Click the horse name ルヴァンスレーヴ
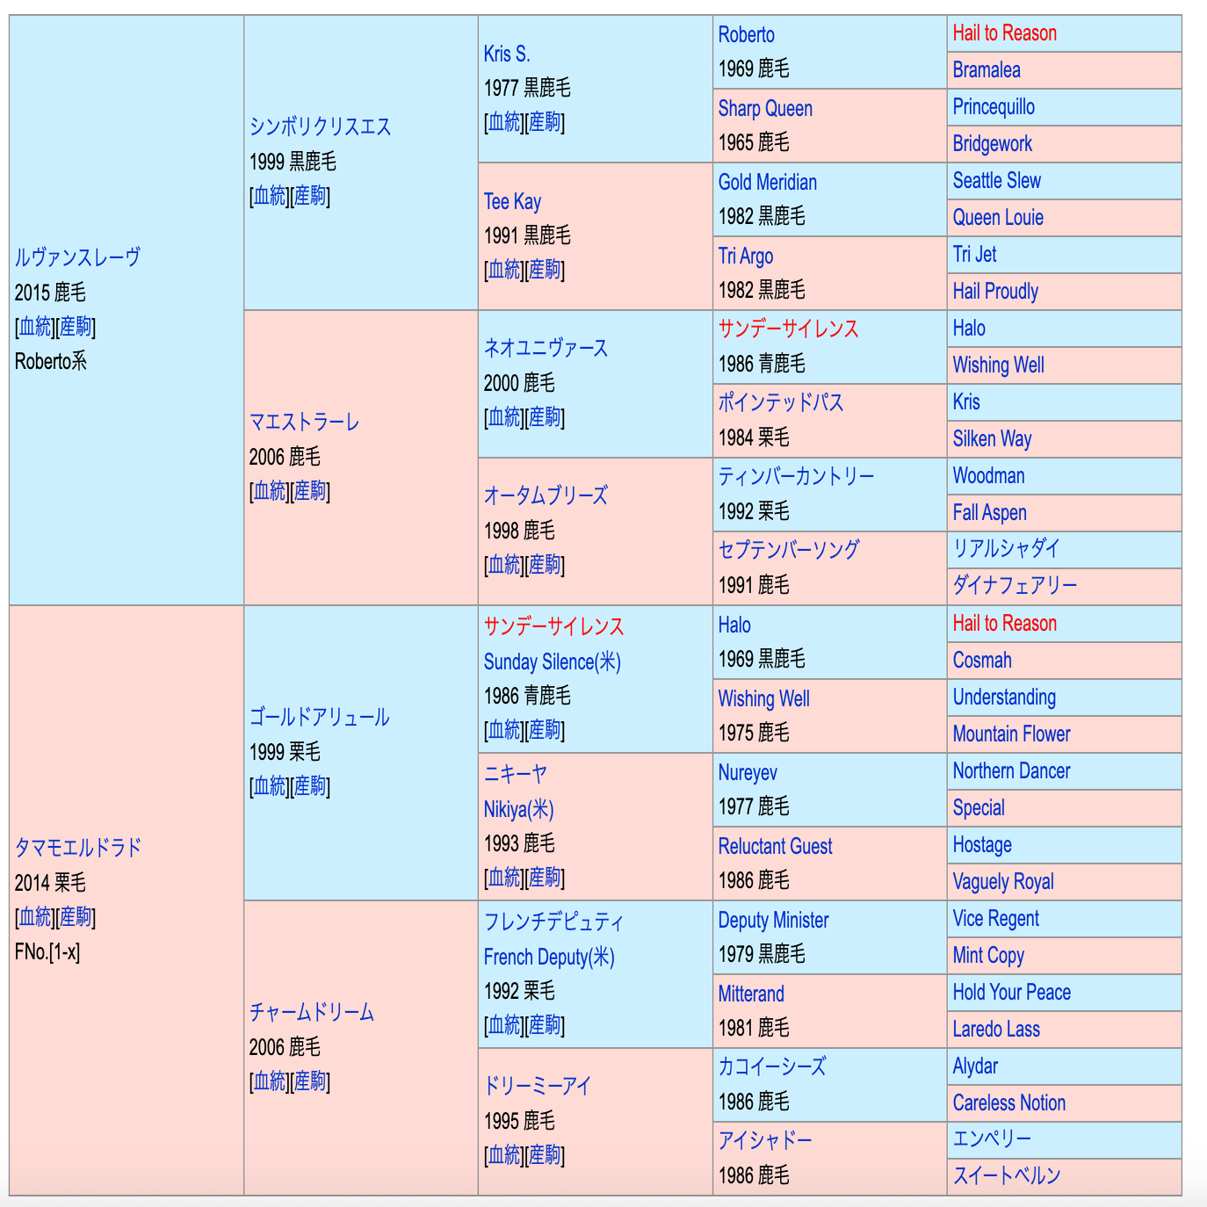(x=77, y=257)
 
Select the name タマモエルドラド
(x=78, y=848)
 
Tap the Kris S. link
(x=507, y=54)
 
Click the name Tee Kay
(x=512, y=201)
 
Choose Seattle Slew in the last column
(x=996, y=181)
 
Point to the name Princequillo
(x=994, y=107)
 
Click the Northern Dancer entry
(x=1011, y=771)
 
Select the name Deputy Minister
(x=773, y=920)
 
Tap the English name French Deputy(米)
(x=549, y=957)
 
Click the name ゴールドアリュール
(x=319, y=717)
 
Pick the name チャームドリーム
(x=312, y=1012)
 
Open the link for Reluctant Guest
(x=775, y=846)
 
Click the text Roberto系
(x=51, y=361)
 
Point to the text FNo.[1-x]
(x=47, y=951)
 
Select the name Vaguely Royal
(x=1002, y=882)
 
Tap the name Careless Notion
(x=1008, y=1103)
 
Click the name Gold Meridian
(x=767, y=182)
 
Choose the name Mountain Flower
(x=1011, y=734)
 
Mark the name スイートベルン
(x=1007, y=1175)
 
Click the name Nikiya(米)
(x=518, y=809)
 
